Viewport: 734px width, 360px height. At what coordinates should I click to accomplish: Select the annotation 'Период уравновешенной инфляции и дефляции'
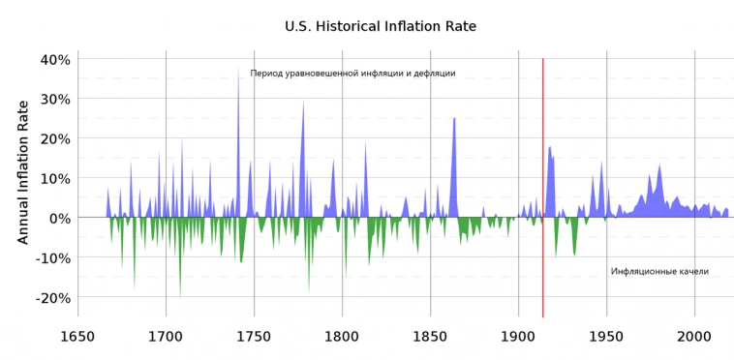point(352,74)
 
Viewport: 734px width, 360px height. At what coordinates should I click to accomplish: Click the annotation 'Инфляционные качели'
point(659,272)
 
